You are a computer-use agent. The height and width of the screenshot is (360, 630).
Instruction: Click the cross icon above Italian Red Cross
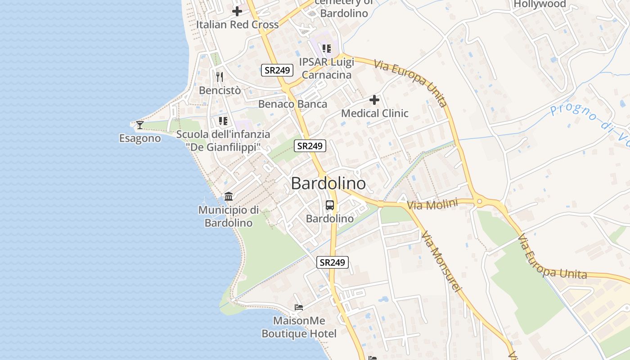pyautogui.click(x=237, y=11)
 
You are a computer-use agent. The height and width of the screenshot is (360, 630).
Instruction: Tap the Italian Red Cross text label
pyautogui.click(x=237, y=25)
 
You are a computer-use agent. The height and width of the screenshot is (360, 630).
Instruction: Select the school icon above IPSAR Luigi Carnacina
pyautogui.click(x=327, y=48)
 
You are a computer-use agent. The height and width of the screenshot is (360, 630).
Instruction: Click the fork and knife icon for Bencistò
pyautogui.click(x=220, y=77)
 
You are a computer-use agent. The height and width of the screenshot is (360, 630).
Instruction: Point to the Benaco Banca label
pyautogui.click(x=292, y=104)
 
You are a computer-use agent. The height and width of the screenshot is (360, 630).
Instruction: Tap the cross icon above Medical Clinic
pyautogui.click(x=374, y=100)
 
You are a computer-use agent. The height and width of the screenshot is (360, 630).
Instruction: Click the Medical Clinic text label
pyautogui.click(x=374, y=113)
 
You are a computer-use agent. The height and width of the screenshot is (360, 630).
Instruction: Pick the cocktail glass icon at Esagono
pyautogui.click(x=140, y=125)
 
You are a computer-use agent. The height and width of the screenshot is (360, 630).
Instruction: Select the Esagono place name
pyautogui.click(x=140, y=138)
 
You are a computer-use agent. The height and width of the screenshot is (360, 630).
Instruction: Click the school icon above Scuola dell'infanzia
pyautogui.click(x=223, y=121)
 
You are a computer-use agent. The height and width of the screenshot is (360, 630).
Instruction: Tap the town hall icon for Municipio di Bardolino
pyautogui.click(x=229, y=197)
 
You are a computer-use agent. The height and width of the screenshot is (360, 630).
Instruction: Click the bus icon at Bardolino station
pyautogui.click(x=330, y=205)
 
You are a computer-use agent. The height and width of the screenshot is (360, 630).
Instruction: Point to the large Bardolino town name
pyautogui.click(x=328, y=183)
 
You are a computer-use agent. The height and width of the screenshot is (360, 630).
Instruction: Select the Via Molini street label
pyautogui.click(x=432, y=204)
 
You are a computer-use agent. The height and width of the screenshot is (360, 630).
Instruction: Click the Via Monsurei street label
pyautogui.click(x=441, y=261)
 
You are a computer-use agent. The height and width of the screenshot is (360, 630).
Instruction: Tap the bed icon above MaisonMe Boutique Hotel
pyautogui.click(x=299, y=307)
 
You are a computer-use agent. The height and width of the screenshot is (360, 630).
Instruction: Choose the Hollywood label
pyautogui.click(x=540, y=4)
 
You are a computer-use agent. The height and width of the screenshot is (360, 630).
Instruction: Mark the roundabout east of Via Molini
pyautogui.click(x=479, y=201)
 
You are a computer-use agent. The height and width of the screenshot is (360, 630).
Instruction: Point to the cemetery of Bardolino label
pyautogui.click(x=344, y=8)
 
